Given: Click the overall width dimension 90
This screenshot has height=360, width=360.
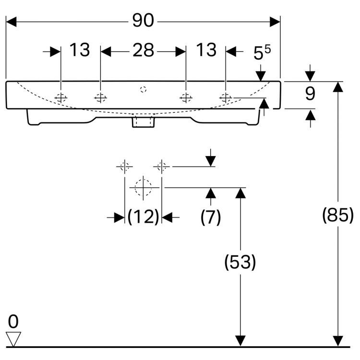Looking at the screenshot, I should (x=143, y=21).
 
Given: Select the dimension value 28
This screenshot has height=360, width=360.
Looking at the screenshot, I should (x=143, y=50).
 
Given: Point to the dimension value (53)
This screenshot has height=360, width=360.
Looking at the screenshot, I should (x=240, y=262).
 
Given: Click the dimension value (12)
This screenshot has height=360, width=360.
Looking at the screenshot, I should (x=143, y=217).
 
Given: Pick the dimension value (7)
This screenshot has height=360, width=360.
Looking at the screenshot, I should (x=211, y=217).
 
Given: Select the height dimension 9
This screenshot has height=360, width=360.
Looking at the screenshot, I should (x=310, y=94).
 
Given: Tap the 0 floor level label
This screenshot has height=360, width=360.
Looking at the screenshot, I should (x=13, y=321).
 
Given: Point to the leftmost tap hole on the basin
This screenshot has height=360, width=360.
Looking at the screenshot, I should (x=61, y=97).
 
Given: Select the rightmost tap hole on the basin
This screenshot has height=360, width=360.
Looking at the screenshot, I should (x=225, y=97).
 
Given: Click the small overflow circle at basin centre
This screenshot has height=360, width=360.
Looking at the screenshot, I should (x=143, y=89).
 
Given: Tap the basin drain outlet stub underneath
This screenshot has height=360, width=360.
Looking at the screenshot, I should (x=143, y=122).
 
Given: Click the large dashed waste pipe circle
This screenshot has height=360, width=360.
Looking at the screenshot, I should (x=143, y=187).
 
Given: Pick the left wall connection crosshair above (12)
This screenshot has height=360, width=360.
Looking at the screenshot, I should (x=124, y=167).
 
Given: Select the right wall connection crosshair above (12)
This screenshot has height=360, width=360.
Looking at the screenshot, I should (x=161, y=167).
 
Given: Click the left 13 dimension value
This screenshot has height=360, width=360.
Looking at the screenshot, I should (x=80, y=50).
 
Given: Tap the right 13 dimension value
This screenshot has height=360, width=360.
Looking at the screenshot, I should (x=206, y=50).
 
